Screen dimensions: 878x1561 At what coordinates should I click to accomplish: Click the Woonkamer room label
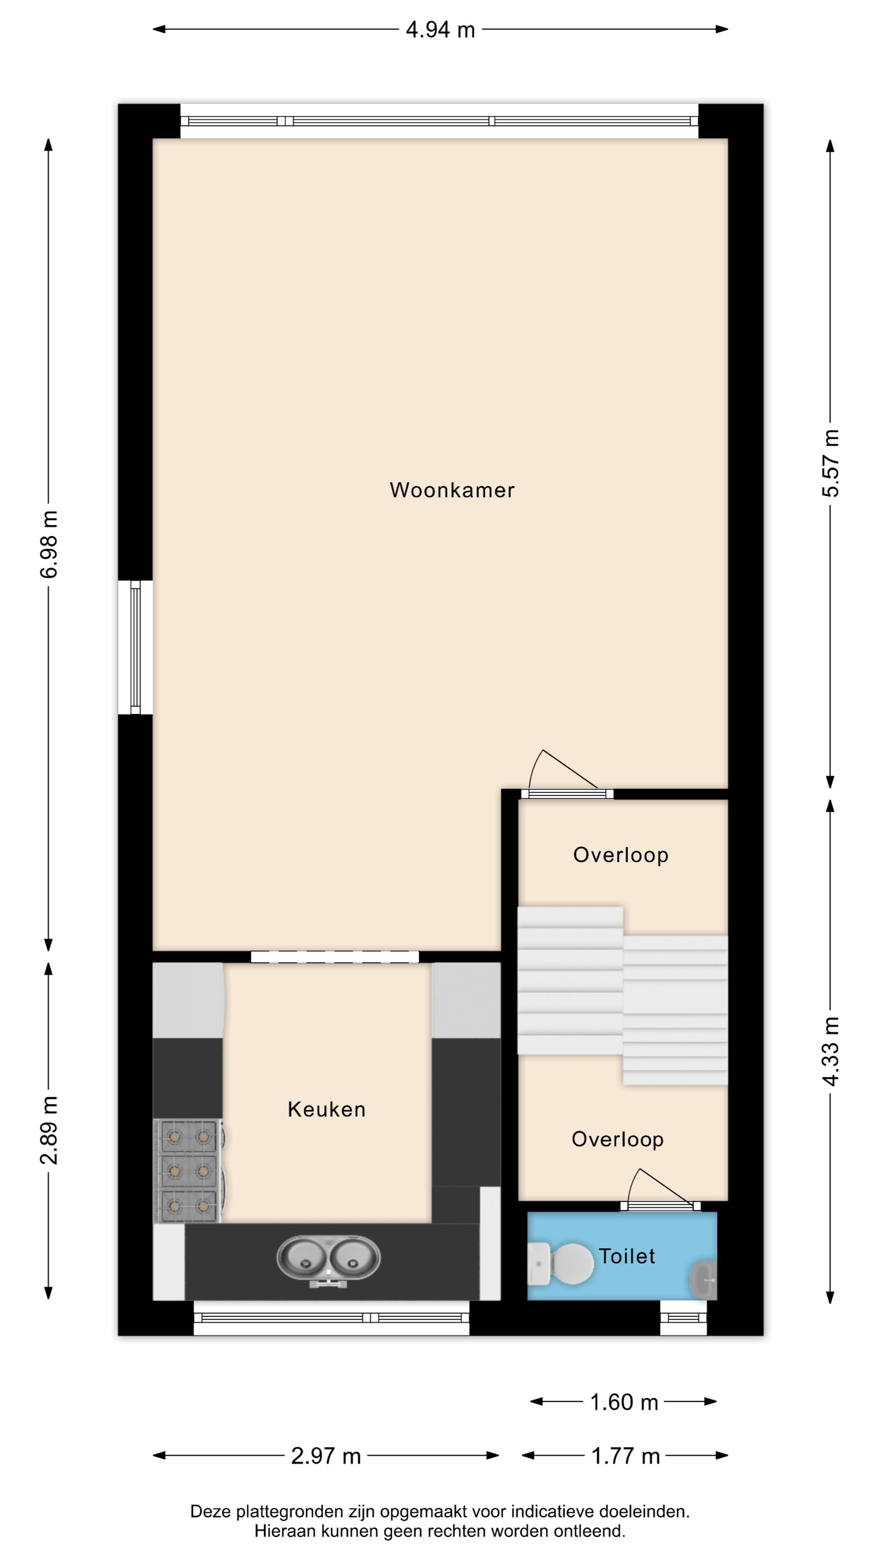pyautogui.click(x=452, y=490)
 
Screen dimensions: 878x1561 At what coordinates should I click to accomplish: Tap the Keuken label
pyautogui.click(x=326, y=1109)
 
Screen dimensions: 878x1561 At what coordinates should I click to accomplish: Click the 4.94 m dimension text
pyautogui.click(x=441, y=30)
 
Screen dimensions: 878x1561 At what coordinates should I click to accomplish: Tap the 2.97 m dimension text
pyautogui.click(x=326, y=1456)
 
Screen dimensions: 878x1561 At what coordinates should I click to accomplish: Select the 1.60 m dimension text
pyautogui.click(x=624, y=1402)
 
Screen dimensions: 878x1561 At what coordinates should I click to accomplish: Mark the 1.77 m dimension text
pyautogui.click(x=625, y=1456)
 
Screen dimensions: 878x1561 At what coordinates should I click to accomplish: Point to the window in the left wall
pyautogui.click(x=135, y=647)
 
